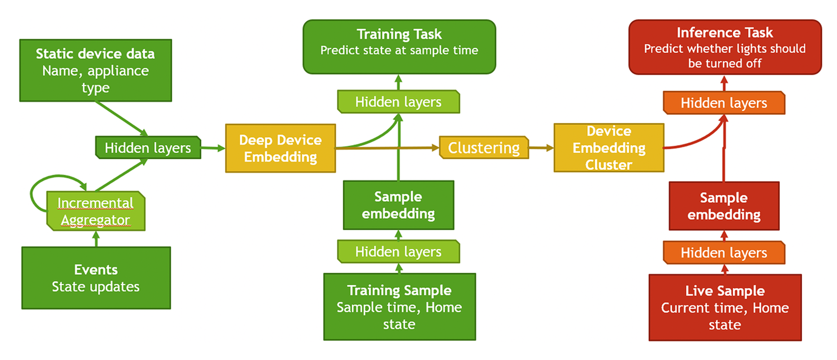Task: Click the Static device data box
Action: [x=95, y=70]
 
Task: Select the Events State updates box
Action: [x=96, y=278]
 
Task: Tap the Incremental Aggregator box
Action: [x=95, y=211]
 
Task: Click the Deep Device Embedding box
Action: [x=280, y=148]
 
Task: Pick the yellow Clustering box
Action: [x=483, y=148]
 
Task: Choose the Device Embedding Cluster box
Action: [x=609, y=148]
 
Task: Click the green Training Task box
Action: [x=399, y=47]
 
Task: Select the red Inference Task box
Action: [x=725, y=47]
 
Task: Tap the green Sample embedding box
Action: [x=398, y=205]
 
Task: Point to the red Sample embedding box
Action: [x=724, y=206]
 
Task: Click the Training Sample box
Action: [x=399, y=307]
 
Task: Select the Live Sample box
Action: [x=725, y=307]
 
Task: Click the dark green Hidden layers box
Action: [x=148, y=148]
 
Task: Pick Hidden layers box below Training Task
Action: [x=398, y=102]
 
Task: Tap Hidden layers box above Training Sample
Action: [x=398, y=252]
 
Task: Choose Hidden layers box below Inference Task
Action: [x=724, y=103]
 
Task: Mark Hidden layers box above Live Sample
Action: [x=724, y=253]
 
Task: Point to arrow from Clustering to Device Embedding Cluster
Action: [x=541, y=148]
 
